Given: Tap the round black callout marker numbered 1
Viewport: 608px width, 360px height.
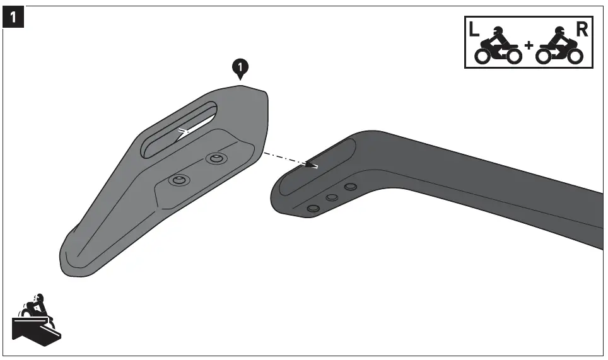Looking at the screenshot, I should pos(240,66).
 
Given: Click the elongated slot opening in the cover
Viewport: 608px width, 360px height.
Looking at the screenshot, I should pos(178,129).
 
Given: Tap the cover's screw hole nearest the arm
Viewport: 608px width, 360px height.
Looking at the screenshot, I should pos(216,158).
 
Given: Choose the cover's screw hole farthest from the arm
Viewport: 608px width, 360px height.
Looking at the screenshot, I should pos(178,181).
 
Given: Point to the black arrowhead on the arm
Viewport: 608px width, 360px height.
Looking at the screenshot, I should pos(310,165).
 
